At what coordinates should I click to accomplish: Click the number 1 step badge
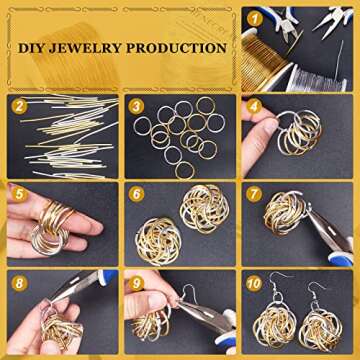coord(255,20)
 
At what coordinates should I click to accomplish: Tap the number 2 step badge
coord(19,107)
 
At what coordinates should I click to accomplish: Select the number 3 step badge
coord(136,107)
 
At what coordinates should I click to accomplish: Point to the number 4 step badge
coord(254,107)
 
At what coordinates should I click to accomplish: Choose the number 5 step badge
coord(19,195)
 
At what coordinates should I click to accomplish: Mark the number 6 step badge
coord(136,195)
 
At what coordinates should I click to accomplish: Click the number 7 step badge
coord(254,195)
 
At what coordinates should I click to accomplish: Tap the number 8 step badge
coord(19,284)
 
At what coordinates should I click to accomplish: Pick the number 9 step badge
coord(136,284)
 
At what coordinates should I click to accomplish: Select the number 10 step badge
coord(254,284)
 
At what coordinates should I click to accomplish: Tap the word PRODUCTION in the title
coord(177,48)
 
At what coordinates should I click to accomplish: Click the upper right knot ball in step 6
coord(204,209)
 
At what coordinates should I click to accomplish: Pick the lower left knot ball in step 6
coord(158,241)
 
